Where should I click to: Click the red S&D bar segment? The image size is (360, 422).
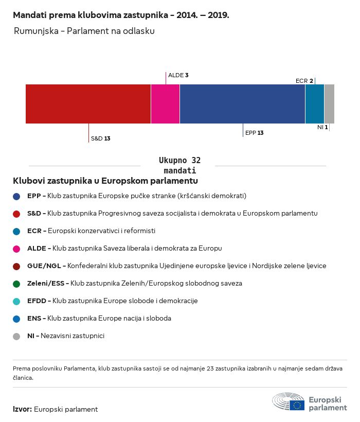pyautogui.click(x=88, y=104)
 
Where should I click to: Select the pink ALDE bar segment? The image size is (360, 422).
pyautogui.click(x=165, y=104)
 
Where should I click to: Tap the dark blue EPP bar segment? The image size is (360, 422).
pyautogui.click(x=242, y=104)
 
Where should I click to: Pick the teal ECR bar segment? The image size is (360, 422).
pyautogui.click(x=315, y=104)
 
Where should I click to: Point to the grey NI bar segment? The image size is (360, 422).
pyautogui.click(x=329, y=104)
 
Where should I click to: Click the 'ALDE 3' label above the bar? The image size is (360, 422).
pyautogui.click(x=178, y=75)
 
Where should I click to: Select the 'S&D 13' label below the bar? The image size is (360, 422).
pyautogui.click(x=100, y=138)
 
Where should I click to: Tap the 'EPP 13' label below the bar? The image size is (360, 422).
pyautogui.click(x=254, y=133)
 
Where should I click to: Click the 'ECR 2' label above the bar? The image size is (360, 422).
pyautogui.click(x=304, y=81)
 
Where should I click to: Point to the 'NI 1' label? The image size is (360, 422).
pyautogui.click(x=322, y=127)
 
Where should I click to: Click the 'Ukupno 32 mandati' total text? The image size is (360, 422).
pyautogui.click(x=179, y=165)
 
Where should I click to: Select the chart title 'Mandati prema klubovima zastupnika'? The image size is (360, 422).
pyautogui.click(x=121, y=15)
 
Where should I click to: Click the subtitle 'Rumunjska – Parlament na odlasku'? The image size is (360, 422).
pyautogui.click(x=84, y=31)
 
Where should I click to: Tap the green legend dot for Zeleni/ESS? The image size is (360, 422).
pyautogui.click(x=16, y=284)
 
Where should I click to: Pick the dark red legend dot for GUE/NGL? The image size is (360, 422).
pyautogui.click(x=16, y=266)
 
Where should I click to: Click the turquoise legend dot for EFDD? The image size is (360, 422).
pyautogui.click(x=16, y=301)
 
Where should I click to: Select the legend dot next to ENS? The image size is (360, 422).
pyautogui.click(x=16, y=319)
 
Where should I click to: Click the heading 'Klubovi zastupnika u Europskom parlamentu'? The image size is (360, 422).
pyautogui.click(x=105, y=181)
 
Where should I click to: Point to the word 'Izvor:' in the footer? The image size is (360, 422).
pyautogui.click(x=23, y=409)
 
